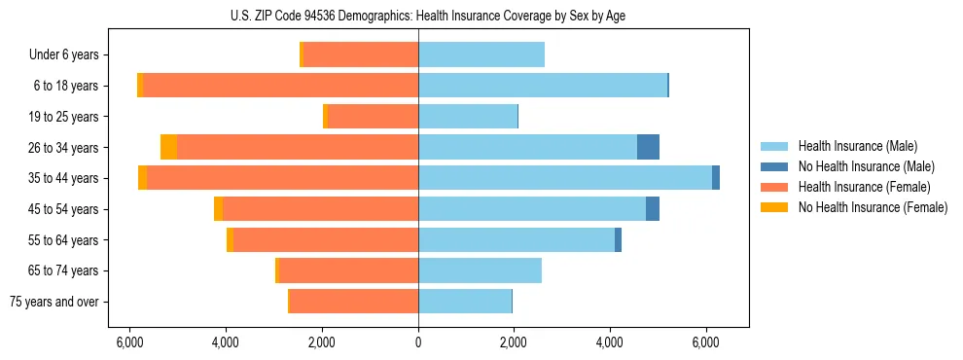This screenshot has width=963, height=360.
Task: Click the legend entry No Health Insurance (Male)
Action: point(866,166)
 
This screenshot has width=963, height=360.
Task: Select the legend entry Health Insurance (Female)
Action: point(864,187)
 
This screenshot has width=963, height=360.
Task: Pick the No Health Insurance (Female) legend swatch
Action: point(774,207)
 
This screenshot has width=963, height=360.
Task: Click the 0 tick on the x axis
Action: point(418,342)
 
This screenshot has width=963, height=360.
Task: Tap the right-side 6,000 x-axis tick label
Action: point(705,342)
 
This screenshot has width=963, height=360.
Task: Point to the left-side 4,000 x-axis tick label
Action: point(226,342)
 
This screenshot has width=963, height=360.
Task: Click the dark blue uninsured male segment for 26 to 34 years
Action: point(648,147)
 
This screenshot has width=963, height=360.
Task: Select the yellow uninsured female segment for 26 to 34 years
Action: point(168,147)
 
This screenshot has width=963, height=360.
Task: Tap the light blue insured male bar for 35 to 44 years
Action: point(564,178)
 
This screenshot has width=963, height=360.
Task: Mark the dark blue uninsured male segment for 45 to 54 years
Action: point(653,209)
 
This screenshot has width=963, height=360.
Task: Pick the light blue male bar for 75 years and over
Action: point(465,302)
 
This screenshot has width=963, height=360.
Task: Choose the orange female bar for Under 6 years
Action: point(361,54)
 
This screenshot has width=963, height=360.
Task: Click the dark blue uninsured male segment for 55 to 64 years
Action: point(618,239)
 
